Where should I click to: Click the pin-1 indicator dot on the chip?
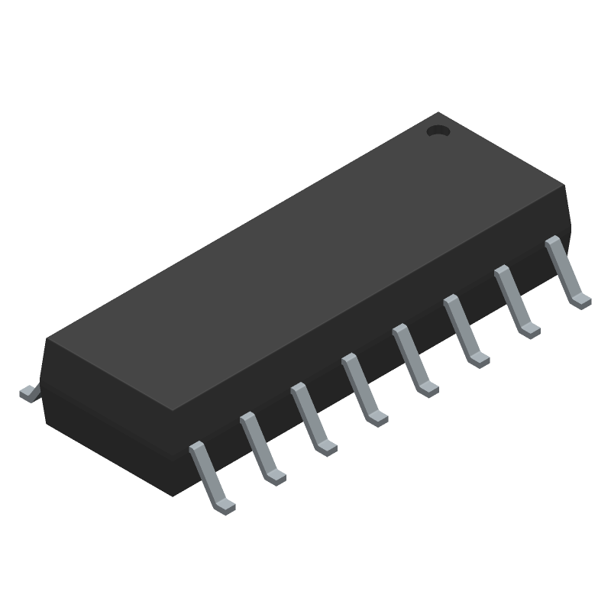pos(438,131)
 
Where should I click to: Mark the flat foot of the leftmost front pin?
pos(224,505)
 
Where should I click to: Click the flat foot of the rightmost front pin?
pos(580,300)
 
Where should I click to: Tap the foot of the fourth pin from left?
pos(377,418)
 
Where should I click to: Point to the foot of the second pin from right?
pos(529,330)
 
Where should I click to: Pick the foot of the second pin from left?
pos(275,476)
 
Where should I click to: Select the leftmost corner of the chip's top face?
pos(47,339)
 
